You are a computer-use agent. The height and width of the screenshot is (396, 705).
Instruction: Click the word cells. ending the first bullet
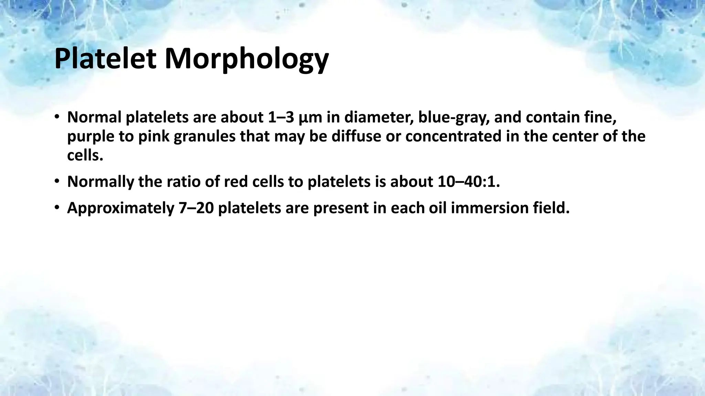pyautogui.click(x=85, y=155)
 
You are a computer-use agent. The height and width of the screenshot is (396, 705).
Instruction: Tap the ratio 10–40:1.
pyautogui.click(x=469, y=181)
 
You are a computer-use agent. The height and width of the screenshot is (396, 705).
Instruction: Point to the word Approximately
pyautogui.click(x=120, y=208)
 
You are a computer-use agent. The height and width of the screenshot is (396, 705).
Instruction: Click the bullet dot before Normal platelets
pyautogui.click(x=57, y=118)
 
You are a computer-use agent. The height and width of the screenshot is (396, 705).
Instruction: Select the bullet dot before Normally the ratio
pyautogui.click(x=57, y=181)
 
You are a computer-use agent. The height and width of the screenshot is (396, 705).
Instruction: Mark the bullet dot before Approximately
pyautogui.click(x=57, y=208)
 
